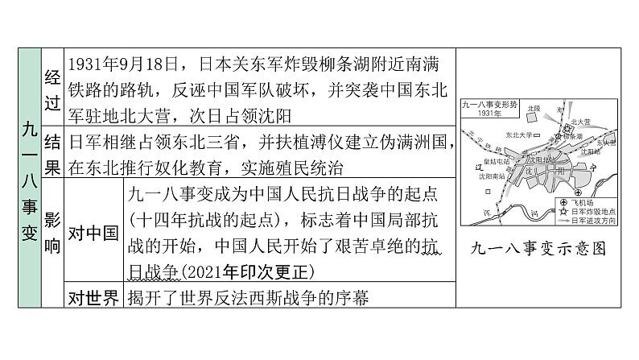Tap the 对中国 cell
pos(92,234)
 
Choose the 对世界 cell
pos(92,297)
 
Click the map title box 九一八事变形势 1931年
pos(488,108)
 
